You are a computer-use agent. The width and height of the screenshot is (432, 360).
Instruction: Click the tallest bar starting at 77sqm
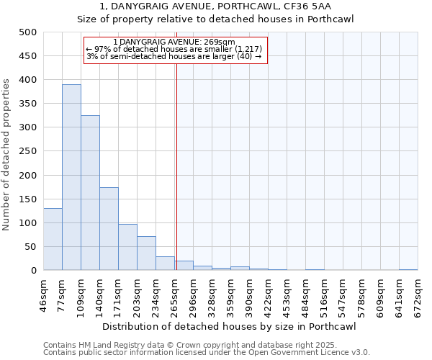pos(71,177)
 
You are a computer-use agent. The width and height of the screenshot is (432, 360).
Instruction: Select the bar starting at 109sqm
pos(90,193)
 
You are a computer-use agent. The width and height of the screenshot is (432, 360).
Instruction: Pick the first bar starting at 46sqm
pos(53,239)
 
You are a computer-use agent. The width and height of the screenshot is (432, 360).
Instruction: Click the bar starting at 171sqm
pos(127,247)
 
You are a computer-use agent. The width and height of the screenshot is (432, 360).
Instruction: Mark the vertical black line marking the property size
pos(176,166)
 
